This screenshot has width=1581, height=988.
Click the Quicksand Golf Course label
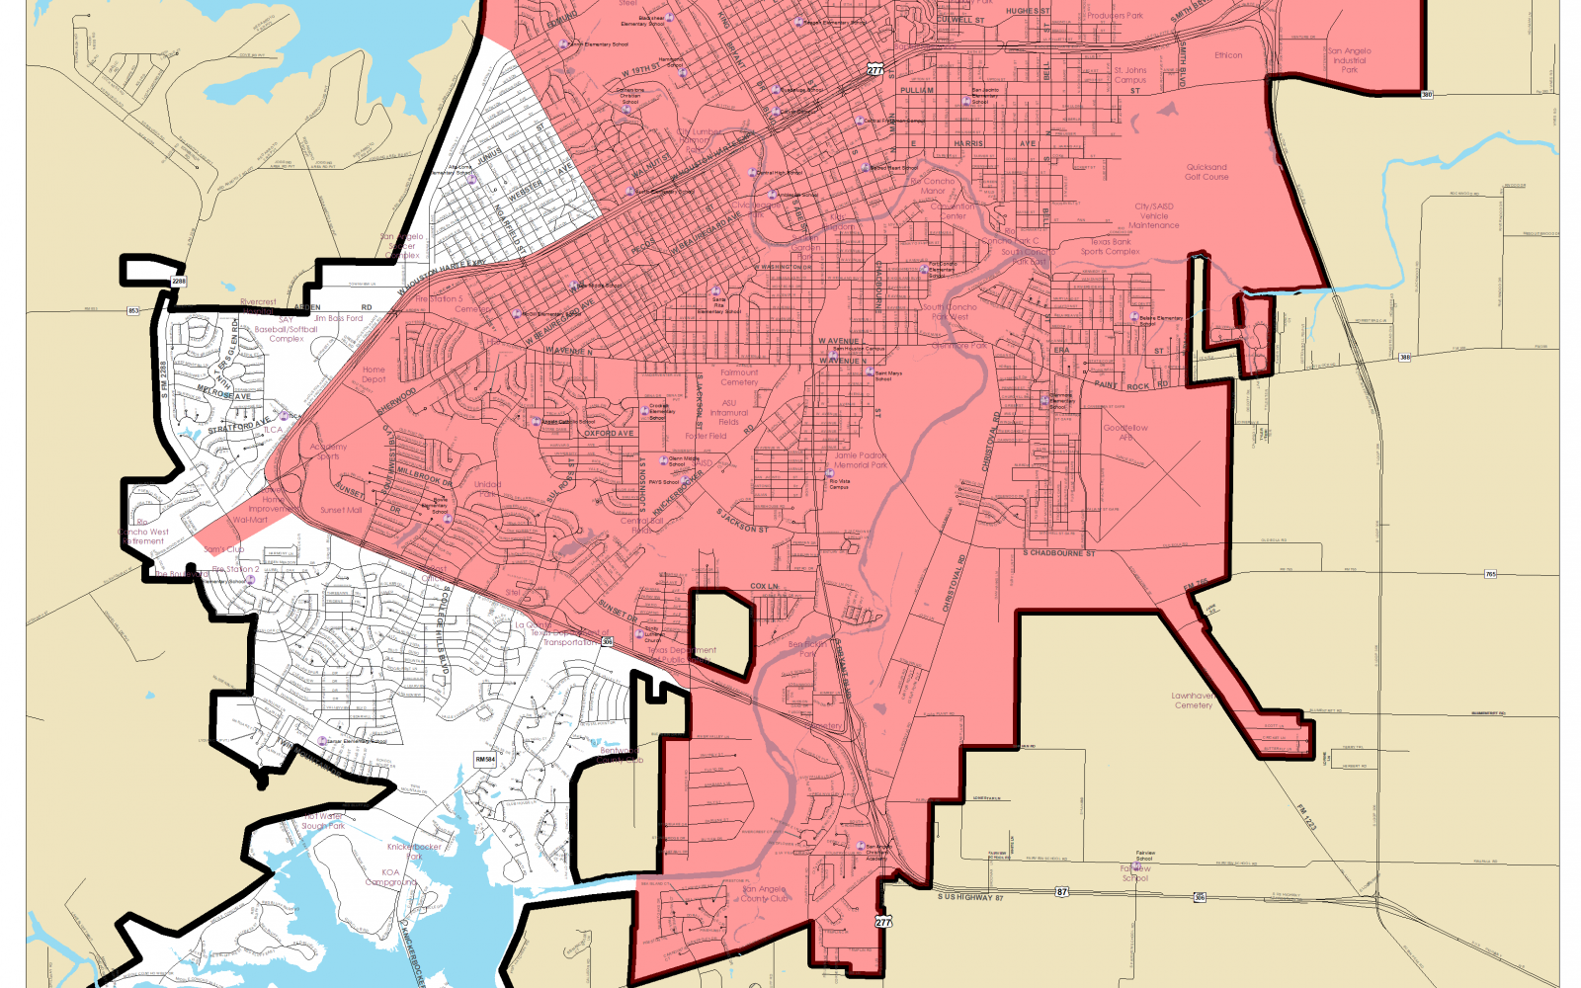tap(1207, 172)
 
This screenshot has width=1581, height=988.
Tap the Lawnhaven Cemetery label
tap(1193, 700)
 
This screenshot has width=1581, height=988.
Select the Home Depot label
tap(374, 374)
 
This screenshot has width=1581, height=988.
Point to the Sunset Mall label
tap(341, 510)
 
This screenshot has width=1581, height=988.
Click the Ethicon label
tap(1228, 55)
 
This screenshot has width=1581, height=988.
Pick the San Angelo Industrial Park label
tap(1349, 60)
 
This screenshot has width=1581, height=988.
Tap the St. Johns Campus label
tap(1130, 75)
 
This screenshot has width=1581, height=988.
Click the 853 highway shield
tap(133, 311)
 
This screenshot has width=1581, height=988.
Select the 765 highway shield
tap(1490, 574)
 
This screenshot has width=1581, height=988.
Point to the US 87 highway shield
tap(1061, 892)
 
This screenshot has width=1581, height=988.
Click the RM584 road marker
tap(485, 760)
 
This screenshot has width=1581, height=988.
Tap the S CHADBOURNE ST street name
tap(1059, 553)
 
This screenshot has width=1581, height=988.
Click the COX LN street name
tap(764, 587)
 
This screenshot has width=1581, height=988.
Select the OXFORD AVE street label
tap(609, 434)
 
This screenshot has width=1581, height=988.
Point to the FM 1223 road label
tap(1306, 816)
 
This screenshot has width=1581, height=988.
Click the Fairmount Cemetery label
tap(739, 377)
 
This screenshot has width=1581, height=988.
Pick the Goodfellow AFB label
tap(1125, 432)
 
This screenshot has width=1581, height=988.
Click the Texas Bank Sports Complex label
tap(1110, 246)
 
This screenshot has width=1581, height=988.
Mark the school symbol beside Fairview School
tap(1136, 866)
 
